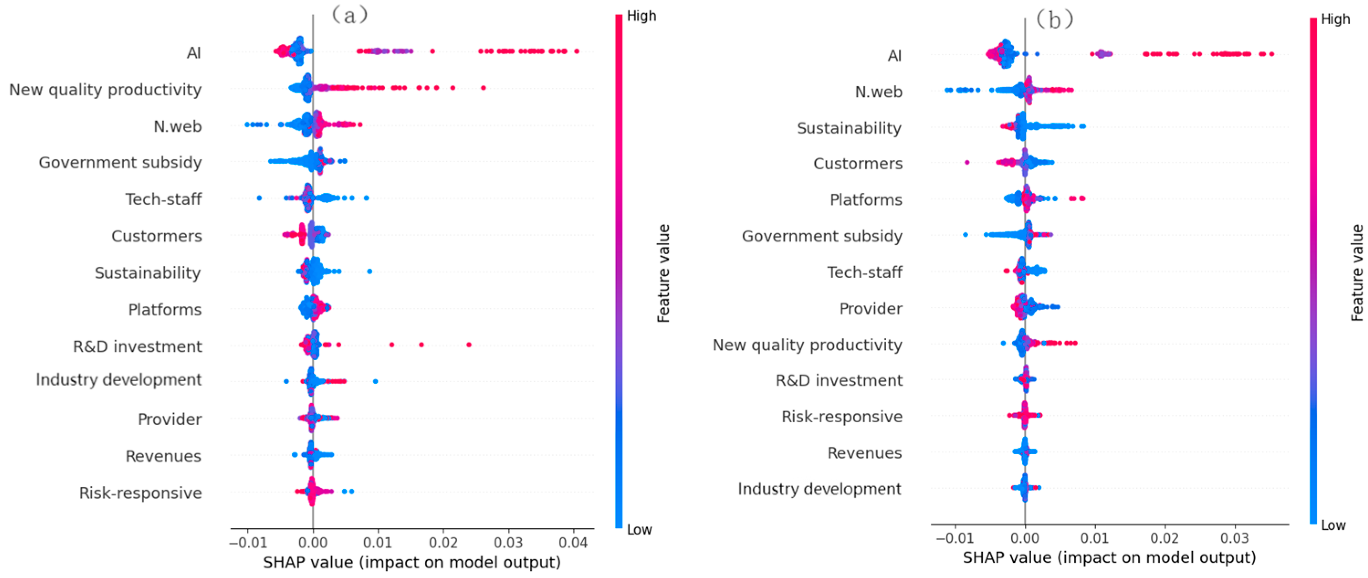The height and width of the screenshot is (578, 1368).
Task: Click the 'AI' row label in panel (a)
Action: point(193,53)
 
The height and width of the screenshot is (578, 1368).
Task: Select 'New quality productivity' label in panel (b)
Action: point(807,345)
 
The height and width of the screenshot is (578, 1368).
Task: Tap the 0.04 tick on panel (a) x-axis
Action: point(573,543)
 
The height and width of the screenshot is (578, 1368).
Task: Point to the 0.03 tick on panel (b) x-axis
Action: point(1234,538)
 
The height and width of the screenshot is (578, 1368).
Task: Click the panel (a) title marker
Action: point(350,15)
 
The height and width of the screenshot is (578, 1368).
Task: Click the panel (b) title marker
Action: point(1055,20)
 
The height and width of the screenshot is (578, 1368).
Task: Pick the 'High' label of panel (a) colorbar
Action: point(641,16)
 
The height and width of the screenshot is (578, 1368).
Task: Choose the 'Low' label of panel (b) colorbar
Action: point(1333,525)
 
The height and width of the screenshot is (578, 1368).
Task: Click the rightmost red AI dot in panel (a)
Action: point(577,52)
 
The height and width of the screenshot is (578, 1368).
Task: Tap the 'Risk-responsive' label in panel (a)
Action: point(140,493)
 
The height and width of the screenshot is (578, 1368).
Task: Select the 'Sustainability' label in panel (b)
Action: point(849,128)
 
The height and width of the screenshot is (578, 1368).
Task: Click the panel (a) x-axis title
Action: point(412,562)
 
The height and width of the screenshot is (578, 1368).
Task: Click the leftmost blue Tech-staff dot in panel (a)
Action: point(259,198)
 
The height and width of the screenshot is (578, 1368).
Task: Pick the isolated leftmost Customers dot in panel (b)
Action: point(967,163)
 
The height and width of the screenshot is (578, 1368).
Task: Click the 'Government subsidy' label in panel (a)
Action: point(120,163)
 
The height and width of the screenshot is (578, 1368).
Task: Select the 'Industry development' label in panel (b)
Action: point(819,489)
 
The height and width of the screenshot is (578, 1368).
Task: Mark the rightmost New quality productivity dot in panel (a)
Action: point(483,88)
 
